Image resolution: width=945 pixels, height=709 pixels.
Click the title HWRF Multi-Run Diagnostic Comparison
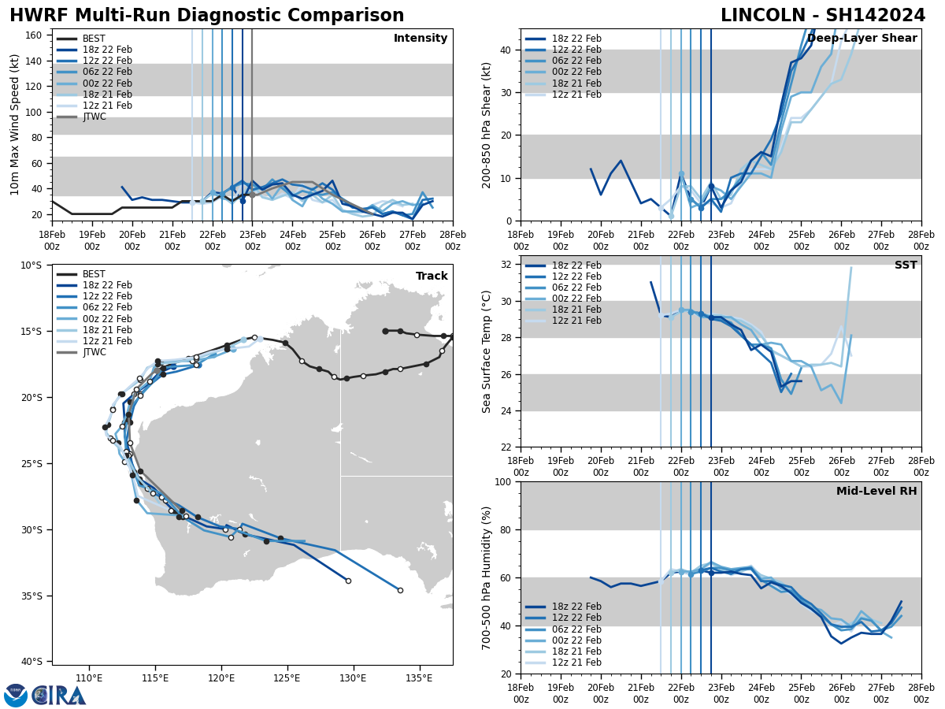206,16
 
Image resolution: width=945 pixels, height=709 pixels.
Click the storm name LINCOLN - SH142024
823,16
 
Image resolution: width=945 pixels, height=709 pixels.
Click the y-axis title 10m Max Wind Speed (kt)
15,124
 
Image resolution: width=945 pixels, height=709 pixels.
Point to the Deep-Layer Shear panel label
862,39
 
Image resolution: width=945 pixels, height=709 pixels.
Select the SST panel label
905,265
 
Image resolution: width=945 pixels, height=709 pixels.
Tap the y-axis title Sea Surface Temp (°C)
487,351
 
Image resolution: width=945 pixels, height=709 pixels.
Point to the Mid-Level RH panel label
876,492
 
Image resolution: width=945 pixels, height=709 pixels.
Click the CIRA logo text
59,696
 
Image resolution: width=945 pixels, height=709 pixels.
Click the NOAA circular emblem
16,696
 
